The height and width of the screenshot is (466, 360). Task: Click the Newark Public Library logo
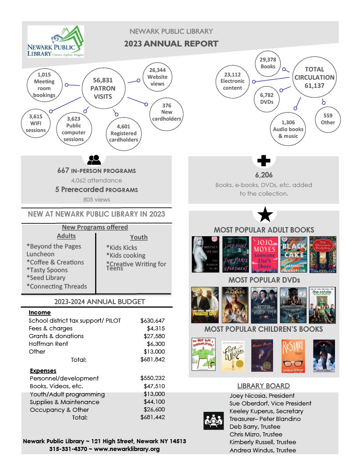[x=56, y=41]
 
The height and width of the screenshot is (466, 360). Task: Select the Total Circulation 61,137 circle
[x=314, y=77]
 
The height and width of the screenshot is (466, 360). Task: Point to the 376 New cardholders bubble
[x=166, y=112]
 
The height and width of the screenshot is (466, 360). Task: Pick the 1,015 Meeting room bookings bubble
[x=44, y=85]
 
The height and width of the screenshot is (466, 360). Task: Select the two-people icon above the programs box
[x=94, y=160]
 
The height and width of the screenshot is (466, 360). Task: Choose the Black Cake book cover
[x=293, y=254]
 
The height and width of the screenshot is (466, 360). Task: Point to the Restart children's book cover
[x=293, y=355]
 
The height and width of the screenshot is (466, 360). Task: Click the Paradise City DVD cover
[x=205, y=305]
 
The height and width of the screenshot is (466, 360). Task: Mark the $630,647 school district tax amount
[x=152, y=321]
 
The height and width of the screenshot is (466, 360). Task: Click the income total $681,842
[x=152, y=360]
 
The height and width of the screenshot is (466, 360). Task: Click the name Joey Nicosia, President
[x=262, y=395]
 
